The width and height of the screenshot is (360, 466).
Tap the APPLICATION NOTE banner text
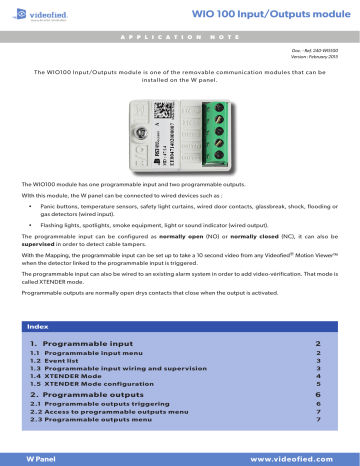tap(180, 35)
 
